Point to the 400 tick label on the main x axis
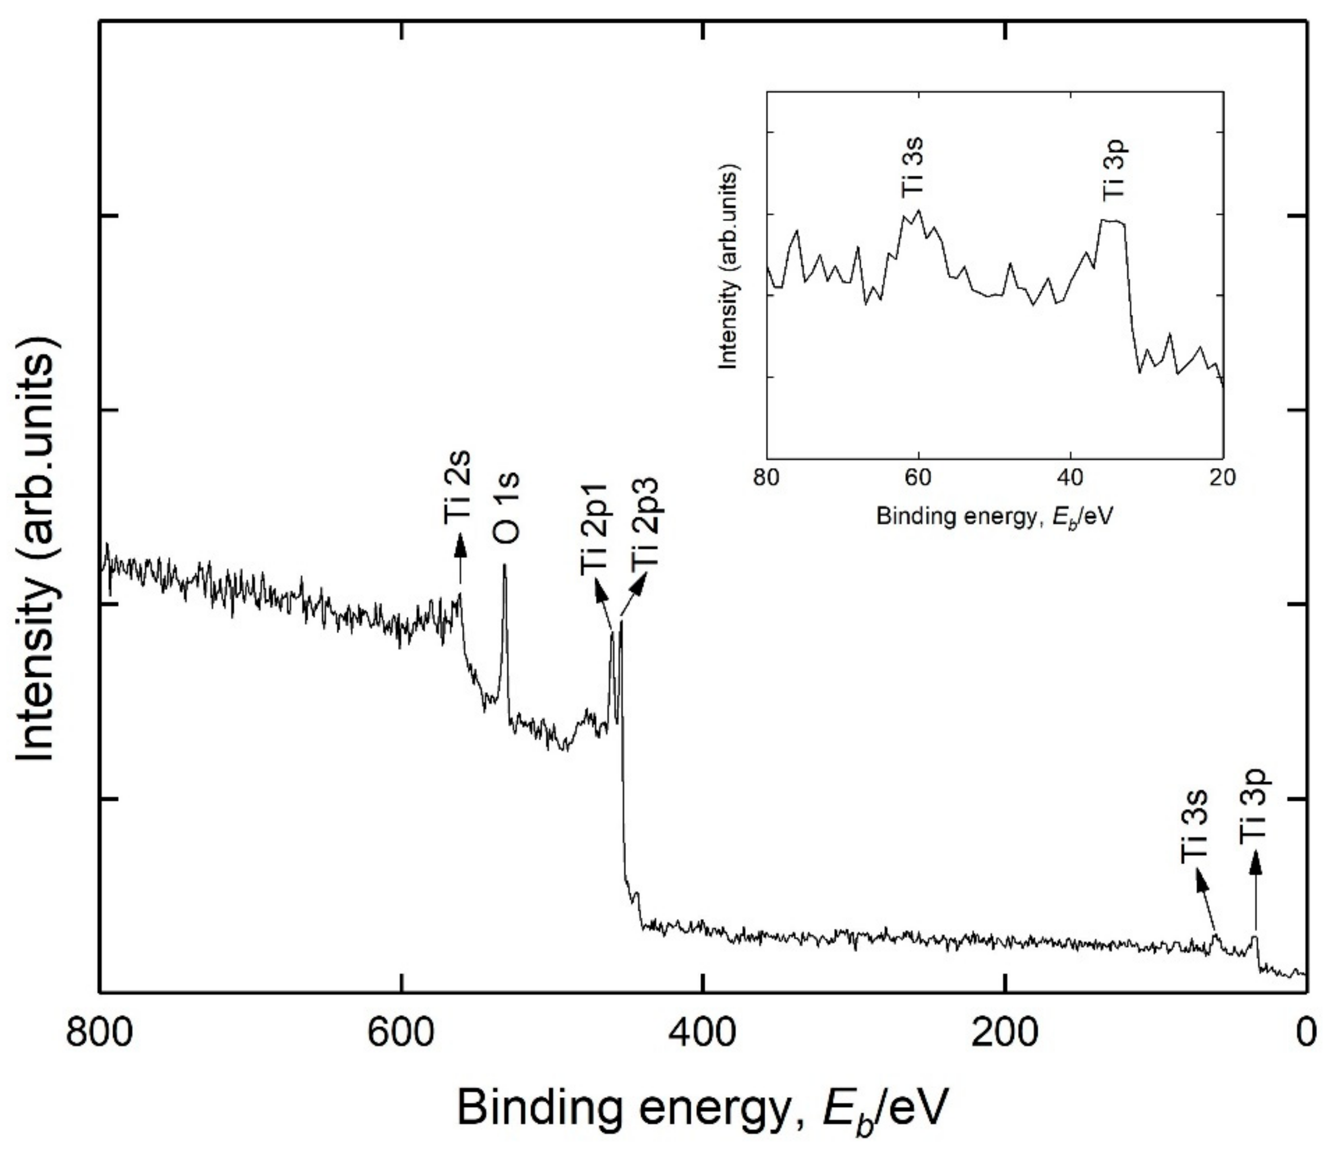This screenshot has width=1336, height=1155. [703, 1033]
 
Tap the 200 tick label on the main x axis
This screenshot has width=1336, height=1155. [1005, 1033]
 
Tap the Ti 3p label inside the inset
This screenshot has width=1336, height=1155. [1114, 169]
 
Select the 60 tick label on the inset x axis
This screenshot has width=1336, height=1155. [919, 478]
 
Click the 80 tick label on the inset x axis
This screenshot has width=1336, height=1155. [767, 478]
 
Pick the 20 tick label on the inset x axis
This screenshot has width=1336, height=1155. [1222, 478]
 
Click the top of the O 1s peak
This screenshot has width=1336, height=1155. [505, 566]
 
